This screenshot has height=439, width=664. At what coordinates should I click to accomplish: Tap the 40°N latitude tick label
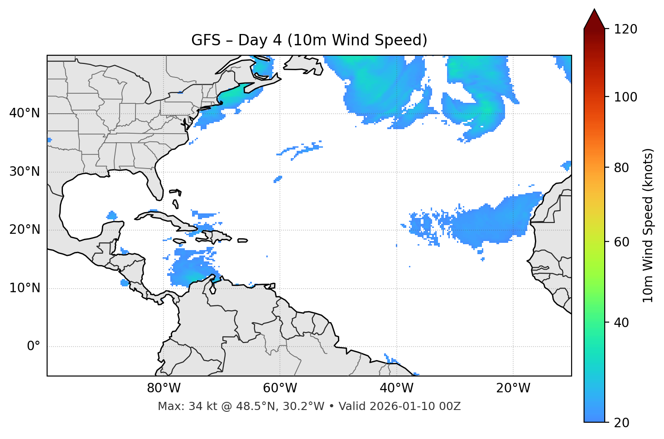click(x=24, y=113)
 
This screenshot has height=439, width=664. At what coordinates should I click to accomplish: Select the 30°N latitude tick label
click(x=24, y=172)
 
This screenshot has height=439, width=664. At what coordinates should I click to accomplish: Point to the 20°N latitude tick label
click(x=24, y=230)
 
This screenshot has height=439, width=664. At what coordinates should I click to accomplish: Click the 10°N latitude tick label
click(x=24, y=288)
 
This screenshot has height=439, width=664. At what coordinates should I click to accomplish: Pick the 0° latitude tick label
click(x=34, y=347)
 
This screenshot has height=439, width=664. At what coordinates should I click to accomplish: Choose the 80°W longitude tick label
click(x=164, y=388)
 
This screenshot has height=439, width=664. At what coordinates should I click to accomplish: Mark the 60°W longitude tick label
click(x=280, y=388)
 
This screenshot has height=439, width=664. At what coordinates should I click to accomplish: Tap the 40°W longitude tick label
click(x=397, y=388)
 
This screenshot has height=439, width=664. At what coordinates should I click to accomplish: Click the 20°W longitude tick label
click(x=513, y=388)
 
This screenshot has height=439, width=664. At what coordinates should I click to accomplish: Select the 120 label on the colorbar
click(x=626, y=29)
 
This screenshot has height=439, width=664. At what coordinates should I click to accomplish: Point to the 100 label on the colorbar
click(x=626, y=97)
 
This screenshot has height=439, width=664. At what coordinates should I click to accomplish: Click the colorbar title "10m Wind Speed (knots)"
click(x=648, y=225)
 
